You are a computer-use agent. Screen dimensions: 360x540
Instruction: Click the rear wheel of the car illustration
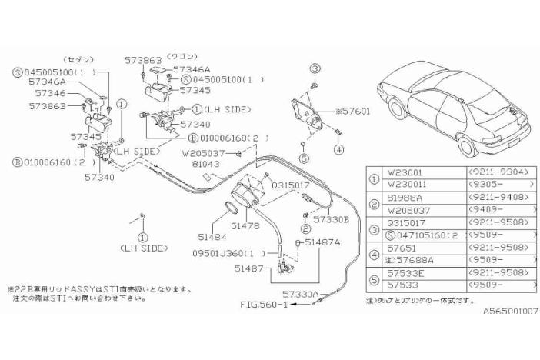467,144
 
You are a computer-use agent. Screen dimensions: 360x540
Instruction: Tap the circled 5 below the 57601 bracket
305,158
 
